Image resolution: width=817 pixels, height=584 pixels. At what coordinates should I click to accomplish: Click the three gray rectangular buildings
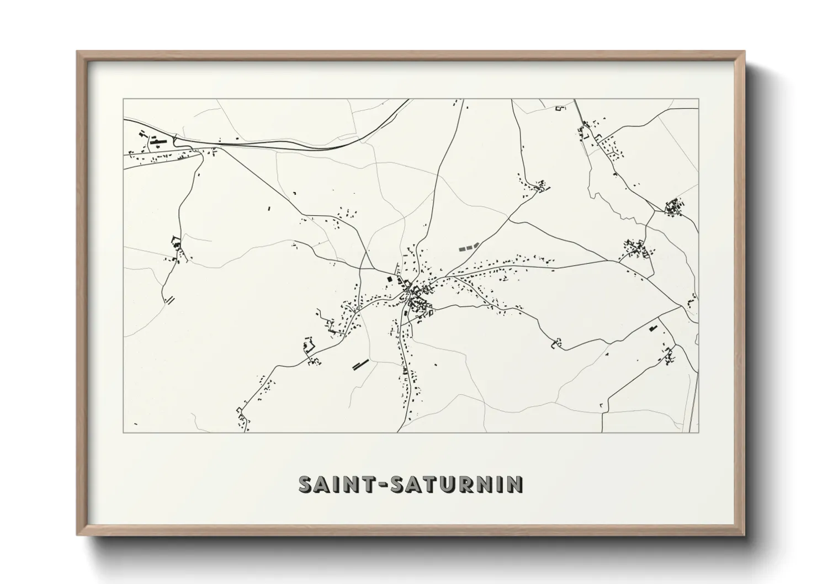click(467, 247)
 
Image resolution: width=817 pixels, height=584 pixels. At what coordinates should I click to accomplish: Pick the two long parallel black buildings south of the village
click(360, 364)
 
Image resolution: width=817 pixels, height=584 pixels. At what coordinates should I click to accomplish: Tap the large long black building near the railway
click(158, 143)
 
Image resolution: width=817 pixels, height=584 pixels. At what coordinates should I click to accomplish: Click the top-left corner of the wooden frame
click(77, 52)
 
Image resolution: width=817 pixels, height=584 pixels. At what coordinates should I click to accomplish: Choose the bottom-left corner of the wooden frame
click(77, 535)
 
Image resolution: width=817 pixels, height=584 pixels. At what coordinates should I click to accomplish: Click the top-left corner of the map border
click(124, 99)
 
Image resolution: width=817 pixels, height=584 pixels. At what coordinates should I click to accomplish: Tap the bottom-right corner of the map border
click(699, 432)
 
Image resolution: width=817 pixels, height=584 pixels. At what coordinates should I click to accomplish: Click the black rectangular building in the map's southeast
click(654, 328)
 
